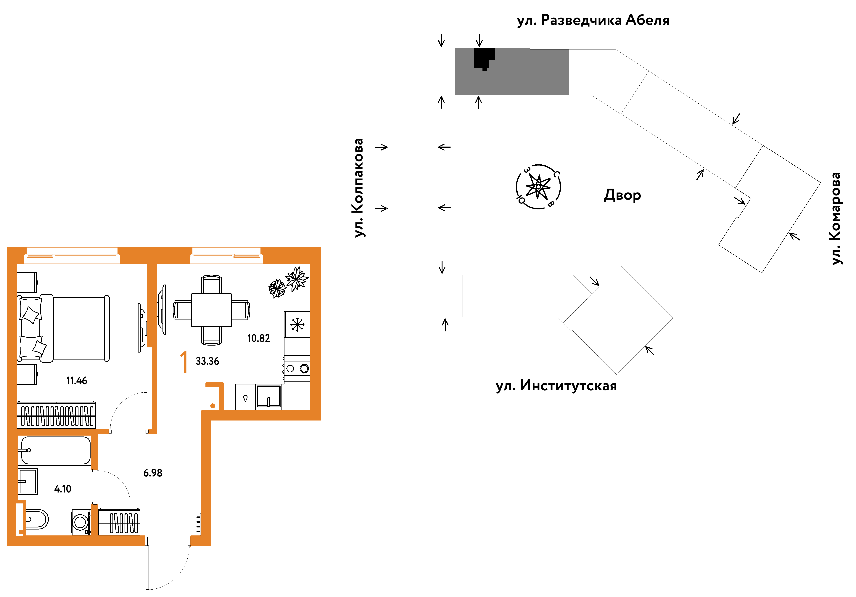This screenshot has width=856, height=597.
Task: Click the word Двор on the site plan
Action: click(x=622, y=195)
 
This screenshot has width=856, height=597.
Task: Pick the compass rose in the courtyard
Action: click(x=538, y=186)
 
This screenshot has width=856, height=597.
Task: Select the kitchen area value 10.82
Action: click(x=258, y=338)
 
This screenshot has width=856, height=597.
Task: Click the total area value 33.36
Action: click(x=207, y=361)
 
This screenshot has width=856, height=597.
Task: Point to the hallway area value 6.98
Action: click(x=153, y=473)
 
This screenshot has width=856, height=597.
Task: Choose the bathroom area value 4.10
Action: click(x=63, y=489)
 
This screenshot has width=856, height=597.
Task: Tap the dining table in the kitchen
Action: click(x=211, y=310)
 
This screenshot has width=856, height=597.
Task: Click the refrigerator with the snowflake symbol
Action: click(x=297, y=324)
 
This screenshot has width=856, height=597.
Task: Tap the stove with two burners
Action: click(x=297, y=368)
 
